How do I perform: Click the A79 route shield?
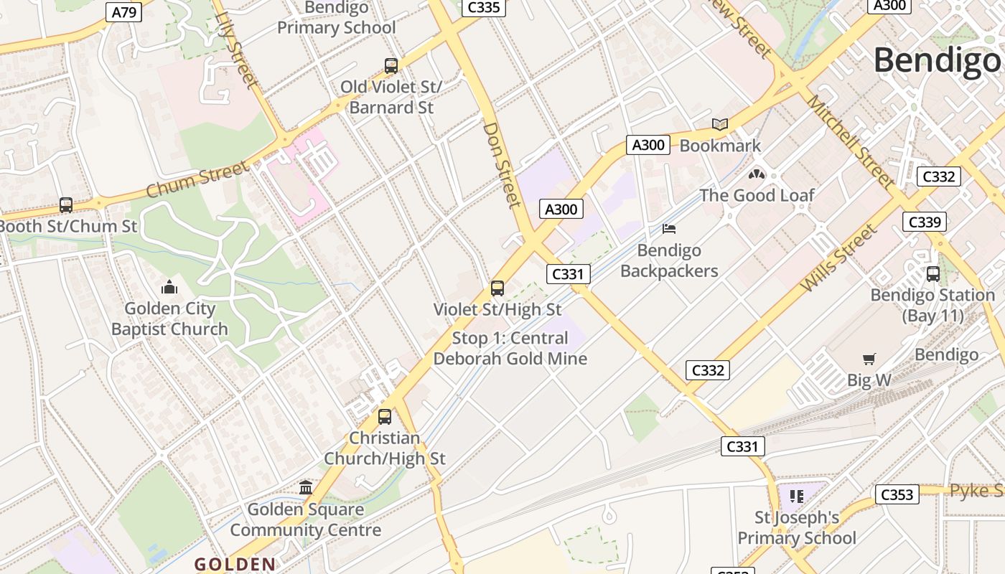(124, 11)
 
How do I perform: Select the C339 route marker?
(924, 222)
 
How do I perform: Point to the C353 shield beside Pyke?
(897, 494)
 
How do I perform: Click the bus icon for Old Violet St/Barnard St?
(391, 66)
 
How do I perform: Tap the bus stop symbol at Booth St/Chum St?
(66, 205)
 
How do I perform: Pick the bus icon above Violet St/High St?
(497, 288)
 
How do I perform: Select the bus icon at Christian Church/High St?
(385, 417)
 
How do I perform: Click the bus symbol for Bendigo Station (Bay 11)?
(933, 274)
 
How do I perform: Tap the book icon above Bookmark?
(720, 125)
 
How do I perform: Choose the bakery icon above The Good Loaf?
(757, 174)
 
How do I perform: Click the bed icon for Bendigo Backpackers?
(669, 229)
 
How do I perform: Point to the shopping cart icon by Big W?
(869, 359)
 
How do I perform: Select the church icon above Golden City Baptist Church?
(169, 288)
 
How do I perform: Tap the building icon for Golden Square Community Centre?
(306, 488)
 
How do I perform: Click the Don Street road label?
(502, 164)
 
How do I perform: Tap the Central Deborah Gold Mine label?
(510, 348)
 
